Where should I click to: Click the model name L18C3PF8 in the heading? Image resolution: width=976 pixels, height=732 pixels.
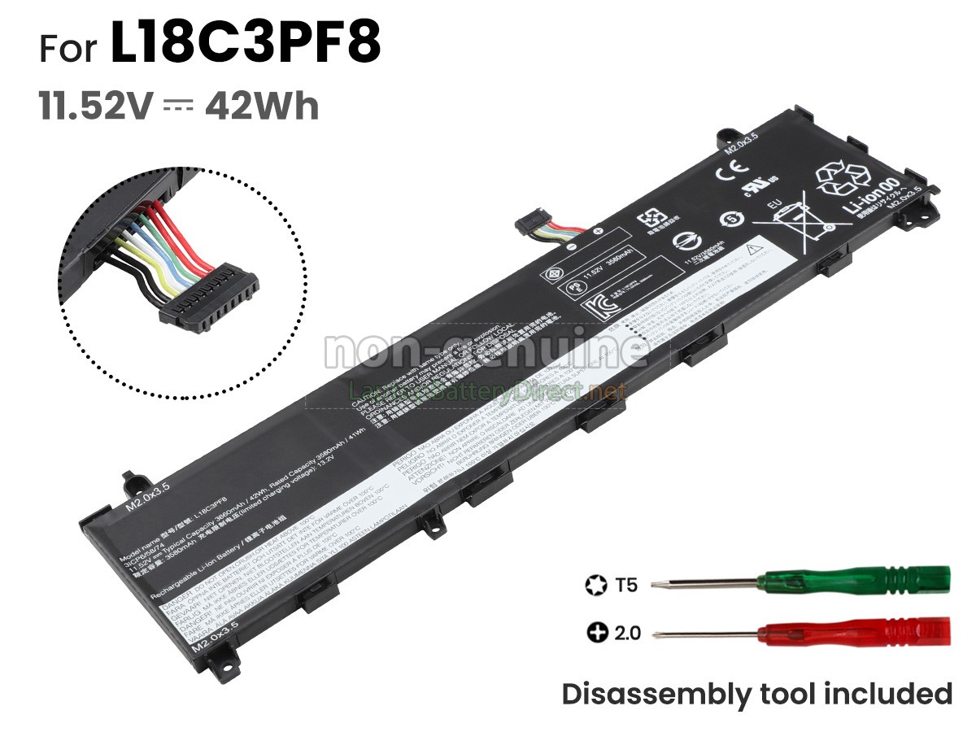pyautogui.click(x=246, y=45)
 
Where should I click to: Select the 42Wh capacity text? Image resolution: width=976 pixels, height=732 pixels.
pyautogui.click(x=261, y=107)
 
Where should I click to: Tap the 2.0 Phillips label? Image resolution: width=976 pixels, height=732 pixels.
pyautogui.click(x=626, y=632)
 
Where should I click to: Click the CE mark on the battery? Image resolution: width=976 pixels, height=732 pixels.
pyautogui.click(x=725, y=173)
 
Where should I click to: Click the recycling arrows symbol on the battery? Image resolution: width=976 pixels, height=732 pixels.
pyautogui.click(x=843, y=177)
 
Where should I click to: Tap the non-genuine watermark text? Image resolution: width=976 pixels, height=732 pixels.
pyautogui.click(x=486, y=350)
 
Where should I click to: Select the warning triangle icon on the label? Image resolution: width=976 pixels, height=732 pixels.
pyautogui.click(x=752, y=246)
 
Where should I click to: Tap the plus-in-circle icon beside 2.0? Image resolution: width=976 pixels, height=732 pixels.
pyautogui.click(x=597, y=632)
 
